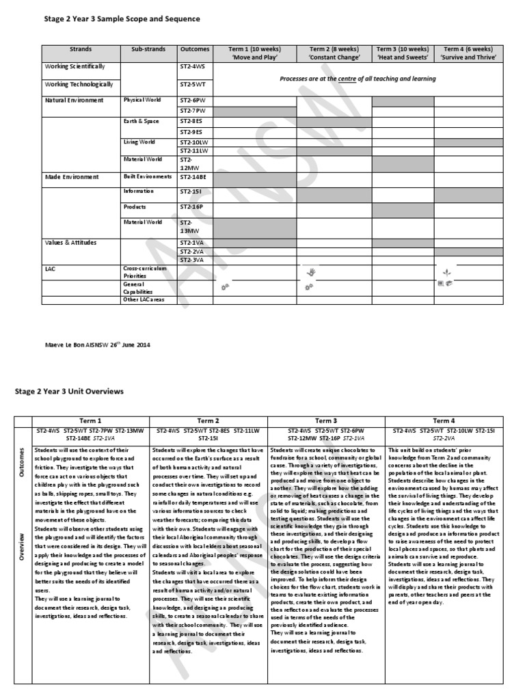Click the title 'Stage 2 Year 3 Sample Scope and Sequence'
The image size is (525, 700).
click(x=122, y=19)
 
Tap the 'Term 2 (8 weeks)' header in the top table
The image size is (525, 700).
click(x=334, y=53)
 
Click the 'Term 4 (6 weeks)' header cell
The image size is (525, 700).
click(x=468, y=53)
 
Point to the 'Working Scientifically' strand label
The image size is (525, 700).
click(x=75, y=67)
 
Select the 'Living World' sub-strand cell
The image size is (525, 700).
click(x=139, y=142)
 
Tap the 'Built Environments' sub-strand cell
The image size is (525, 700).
click(x=148, y=177)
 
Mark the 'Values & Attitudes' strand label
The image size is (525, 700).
click(x=71, y=243)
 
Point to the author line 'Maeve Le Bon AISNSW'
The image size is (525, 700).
click(x=97, y=345)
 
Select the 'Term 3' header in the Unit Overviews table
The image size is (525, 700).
click(x=326, y=421)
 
